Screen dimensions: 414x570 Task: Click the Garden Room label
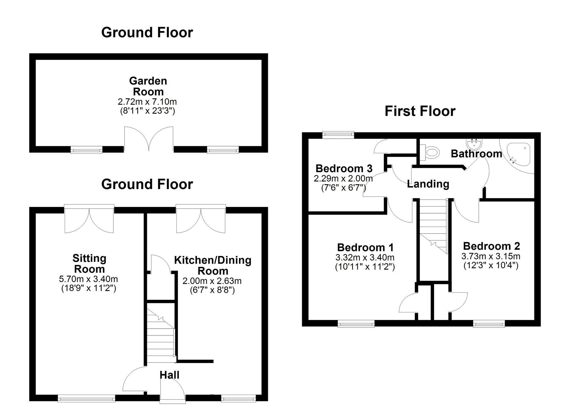(148, 86)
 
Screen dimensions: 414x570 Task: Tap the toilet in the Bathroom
(431, 152)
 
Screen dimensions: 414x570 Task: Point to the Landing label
(428, 184)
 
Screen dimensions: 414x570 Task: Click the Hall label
(169, 375)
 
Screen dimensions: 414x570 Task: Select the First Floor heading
(420, 111)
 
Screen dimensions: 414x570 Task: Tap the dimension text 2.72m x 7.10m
(147, 102)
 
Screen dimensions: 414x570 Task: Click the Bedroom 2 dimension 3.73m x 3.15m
(491, 256)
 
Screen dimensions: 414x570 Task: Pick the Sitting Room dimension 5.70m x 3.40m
(88, 279)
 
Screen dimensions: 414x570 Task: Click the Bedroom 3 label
(344, 169)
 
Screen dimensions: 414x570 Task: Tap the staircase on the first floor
(433, 225)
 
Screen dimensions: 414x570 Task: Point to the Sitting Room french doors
(89, 219)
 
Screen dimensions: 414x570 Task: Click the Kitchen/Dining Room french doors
(201, 219)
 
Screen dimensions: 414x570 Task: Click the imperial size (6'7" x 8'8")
(212, 290)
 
